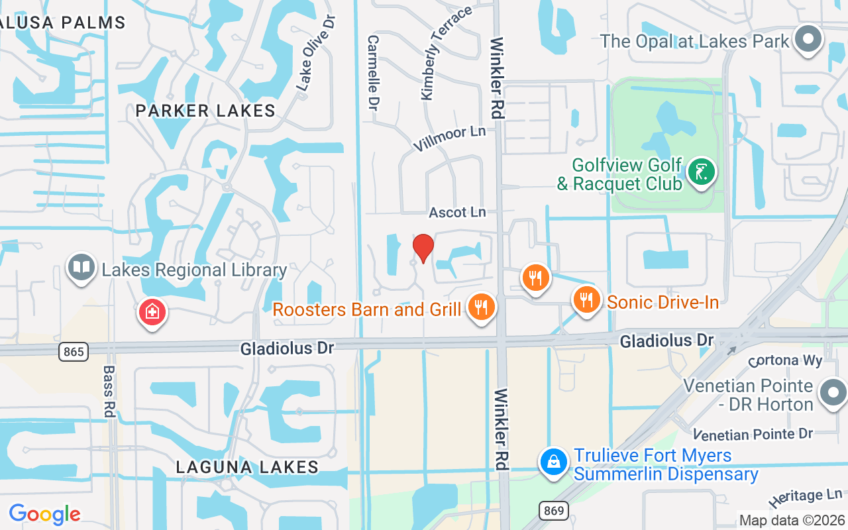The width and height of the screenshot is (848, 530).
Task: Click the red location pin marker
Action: click(x=423, y=248)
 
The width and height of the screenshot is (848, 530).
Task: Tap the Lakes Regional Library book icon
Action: click(x=81, y=268)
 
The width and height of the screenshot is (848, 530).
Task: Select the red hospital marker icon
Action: click(x=152, y=311)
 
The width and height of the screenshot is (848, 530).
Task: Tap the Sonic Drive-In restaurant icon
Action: click(x=586, y=300)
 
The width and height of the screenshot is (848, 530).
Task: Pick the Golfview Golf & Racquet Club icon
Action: click(x=701, y=172)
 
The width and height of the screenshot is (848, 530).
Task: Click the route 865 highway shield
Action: click(x=73, y=351)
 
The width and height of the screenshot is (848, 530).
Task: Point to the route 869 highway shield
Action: click(x=554, y=510)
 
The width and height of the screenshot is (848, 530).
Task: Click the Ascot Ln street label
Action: click(x=457, y=212)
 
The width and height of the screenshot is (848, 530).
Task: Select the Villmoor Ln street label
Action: click(x=449, y=138)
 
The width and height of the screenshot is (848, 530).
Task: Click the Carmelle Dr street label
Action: click(x=374, y=73)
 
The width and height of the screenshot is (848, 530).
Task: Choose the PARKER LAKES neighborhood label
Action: click(x=205, y=111)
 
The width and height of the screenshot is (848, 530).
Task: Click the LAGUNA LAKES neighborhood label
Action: click(x=247, y=467)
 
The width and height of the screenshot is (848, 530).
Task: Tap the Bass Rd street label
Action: click(x=109, y=391)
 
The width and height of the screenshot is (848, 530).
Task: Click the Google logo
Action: click(x=44, y=513)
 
